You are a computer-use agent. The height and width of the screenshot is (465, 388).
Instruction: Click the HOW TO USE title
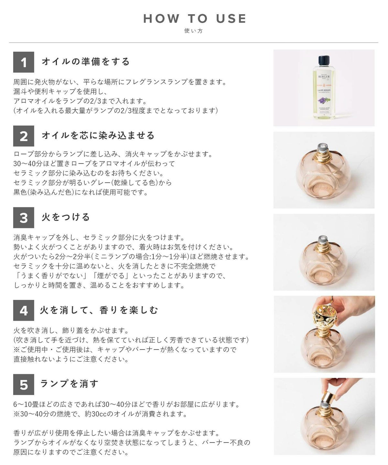pos(194,18)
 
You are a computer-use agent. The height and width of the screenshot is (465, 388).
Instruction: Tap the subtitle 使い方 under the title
pos(194,31)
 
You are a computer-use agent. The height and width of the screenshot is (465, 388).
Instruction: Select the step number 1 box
pos(24,62)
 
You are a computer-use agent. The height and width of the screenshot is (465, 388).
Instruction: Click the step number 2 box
pos(24,136)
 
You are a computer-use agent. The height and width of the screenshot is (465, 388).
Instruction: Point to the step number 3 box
pos(24,218)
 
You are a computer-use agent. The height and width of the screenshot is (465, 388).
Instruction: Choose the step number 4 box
pos(24,310)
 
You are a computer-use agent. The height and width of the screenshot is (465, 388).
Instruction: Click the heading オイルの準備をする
pos(86,61)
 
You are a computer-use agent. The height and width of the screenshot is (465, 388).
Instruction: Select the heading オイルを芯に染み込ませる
pos(98,135)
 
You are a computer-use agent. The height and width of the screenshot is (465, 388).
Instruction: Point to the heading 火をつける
pos(66,217)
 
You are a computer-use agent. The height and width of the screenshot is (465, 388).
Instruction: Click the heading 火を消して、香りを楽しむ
pos(99,310)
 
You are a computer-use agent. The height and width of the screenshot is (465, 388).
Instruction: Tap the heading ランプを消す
pos(69,384)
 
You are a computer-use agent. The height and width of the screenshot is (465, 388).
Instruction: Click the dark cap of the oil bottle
pos(324,60)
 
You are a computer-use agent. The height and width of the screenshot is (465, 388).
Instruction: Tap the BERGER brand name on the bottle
pos(324,77)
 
